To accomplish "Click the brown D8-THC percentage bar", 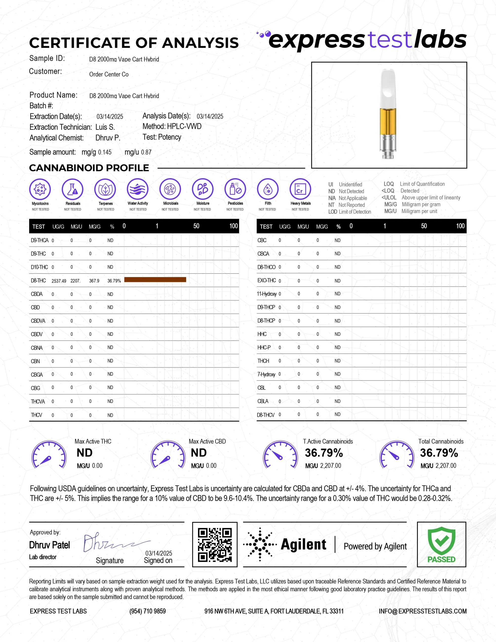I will pos(155,280).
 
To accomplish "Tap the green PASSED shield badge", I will pos(441,543).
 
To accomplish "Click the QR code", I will pos(215,545).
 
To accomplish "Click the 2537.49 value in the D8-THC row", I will pos(59,281).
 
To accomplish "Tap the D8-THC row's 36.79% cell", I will pos(114,281).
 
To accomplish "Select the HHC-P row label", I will pos(264,347).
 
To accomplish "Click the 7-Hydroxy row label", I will pos(266,374).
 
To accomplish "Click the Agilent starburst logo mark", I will pos(260,544).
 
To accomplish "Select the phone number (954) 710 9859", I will pos(147,611).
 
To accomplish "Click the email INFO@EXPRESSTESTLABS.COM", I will pos(422,611).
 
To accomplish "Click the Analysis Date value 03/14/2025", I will pos(210,116).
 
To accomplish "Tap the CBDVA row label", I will pos(38,321).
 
